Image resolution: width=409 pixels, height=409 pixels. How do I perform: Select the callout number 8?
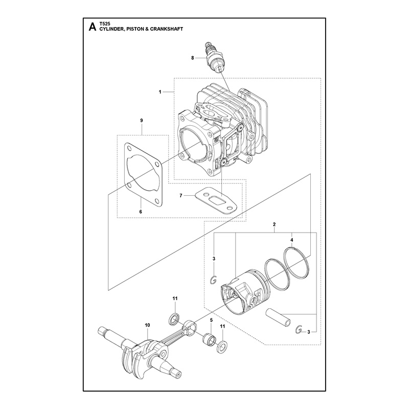(x=193, y=58)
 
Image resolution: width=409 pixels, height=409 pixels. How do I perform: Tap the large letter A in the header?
(x=93, y=27)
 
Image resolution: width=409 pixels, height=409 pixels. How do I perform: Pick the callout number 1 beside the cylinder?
(x=160, y=92)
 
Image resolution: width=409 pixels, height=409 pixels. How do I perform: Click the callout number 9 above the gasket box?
(x=142, y=121)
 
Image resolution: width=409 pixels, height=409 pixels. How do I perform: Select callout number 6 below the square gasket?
(x=141, y=212)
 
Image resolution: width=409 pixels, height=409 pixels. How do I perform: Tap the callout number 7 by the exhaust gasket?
(x=181, y=195)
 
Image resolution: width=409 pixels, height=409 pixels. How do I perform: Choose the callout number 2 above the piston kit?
(x=274, y=224)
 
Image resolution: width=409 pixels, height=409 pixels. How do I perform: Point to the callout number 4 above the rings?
(x=291, y=240)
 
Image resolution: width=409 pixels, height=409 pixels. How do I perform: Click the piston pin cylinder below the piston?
(x=278, y=317)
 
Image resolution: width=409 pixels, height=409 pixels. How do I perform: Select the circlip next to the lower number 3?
(x=299, y=330)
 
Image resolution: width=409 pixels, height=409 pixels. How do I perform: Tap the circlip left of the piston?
(x=214, y=280)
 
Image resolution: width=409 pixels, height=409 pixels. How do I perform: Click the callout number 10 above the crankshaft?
(x=147, y=325)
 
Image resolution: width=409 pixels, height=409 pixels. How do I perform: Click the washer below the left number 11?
(x=174, y=320)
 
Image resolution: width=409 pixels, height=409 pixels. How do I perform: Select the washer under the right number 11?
(x=222, y=348)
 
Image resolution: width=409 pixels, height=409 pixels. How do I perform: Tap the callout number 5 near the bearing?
(x=211, y=320)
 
